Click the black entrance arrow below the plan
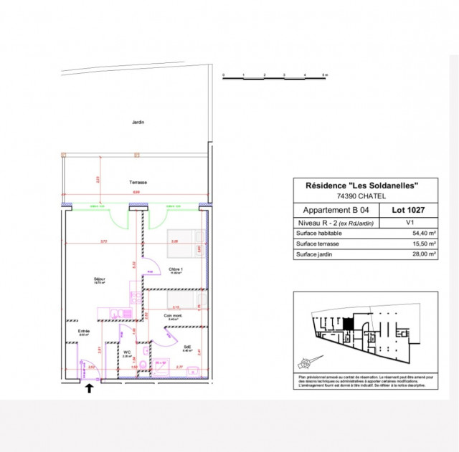click(x=90, y=389)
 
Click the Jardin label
click(x=138, y=122)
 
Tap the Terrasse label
click(x=138, y=183)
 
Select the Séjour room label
click(x=99, y=279)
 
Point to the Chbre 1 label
click(x=176, y=270)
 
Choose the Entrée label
click(x=84, y=332)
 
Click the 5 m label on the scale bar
click(x=324, y=75)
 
